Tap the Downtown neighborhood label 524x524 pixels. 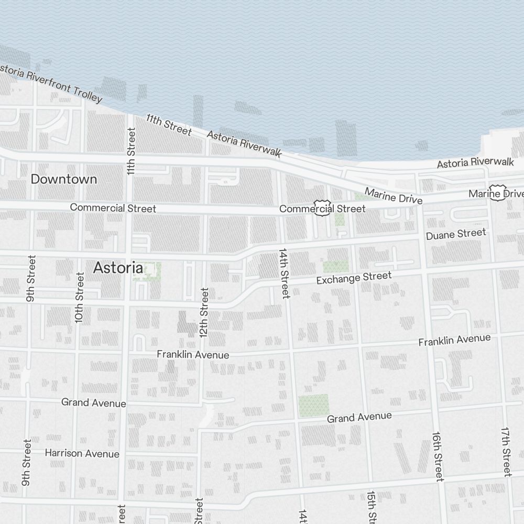64,179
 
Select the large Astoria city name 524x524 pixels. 118,268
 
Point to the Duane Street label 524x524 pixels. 456,234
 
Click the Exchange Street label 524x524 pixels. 354,278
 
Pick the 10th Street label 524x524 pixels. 79,297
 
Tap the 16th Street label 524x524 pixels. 438,456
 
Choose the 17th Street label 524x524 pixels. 506,451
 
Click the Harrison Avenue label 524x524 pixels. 82,453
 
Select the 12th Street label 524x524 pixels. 204,312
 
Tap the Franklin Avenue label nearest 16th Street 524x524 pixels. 454,340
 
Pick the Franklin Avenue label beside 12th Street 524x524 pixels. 193,355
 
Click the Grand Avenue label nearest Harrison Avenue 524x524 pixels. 94,402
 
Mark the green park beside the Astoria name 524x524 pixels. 147,271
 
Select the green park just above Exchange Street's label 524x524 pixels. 335,267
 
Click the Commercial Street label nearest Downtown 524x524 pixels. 113,208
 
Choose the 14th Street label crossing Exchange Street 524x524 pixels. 285,273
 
